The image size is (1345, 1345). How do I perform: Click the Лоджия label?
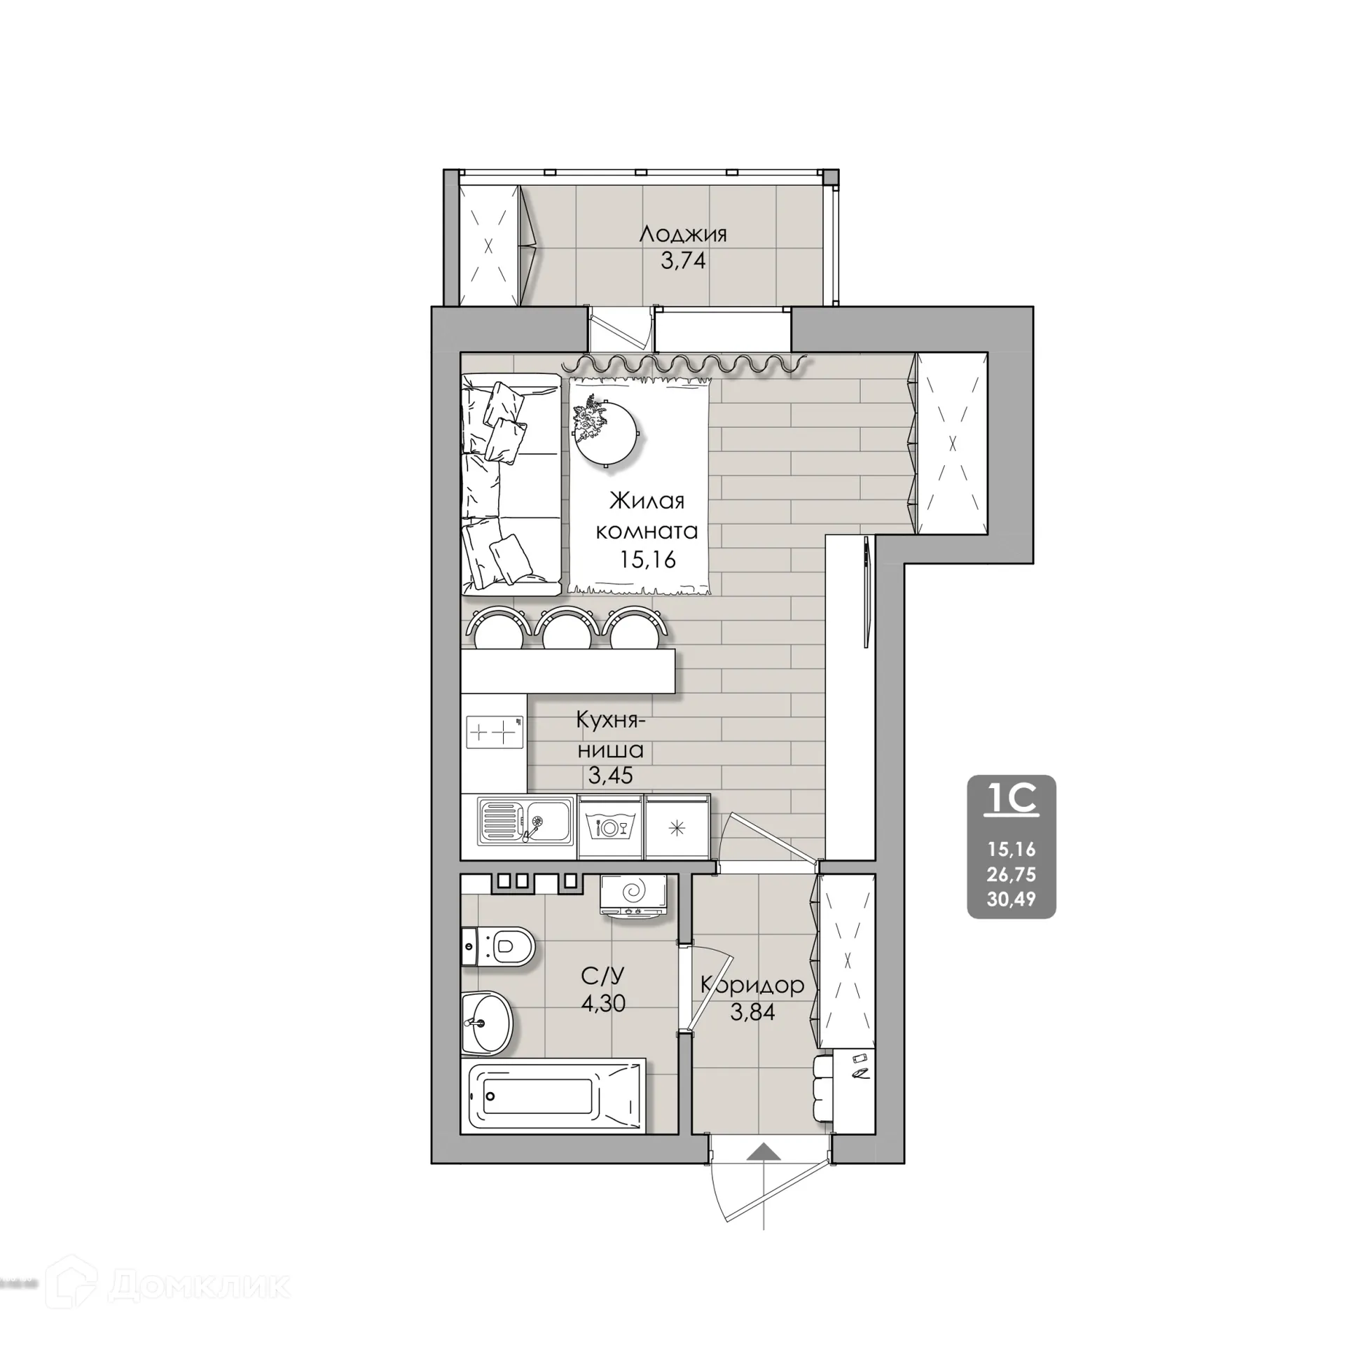tap(683, 233)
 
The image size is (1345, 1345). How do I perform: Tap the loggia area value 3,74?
tap(683, 261)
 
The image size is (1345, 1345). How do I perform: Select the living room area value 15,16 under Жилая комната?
tap(647, 559)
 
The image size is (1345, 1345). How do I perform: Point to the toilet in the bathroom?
tap(499, 947)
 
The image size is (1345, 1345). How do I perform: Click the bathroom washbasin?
tap(487, 1023)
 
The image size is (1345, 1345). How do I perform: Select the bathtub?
tap(553, 1097)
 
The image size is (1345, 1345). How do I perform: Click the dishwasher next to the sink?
tap(610, 827)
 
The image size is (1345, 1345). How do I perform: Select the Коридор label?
tap(752, 985)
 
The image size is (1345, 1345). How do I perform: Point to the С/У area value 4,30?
tap(603, 1003)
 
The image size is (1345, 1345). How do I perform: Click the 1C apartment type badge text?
tap(1011, 799)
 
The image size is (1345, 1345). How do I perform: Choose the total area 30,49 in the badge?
tap(1011, 899)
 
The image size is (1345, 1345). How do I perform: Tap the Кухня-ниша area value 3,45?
tap(611, 775)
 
